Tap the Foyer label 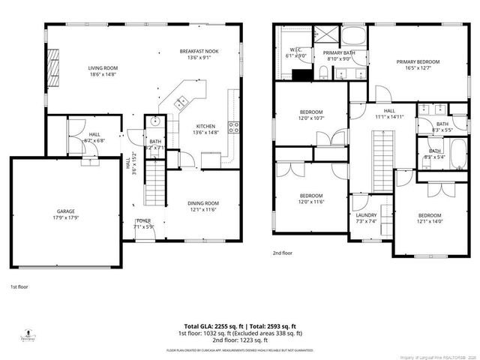click(143, 223)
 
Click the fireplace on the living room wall click(52, 71)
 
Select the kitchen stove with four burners click(233, 127)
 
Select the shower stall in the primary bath click(326, 35)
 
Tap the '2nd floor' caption click(283, 253)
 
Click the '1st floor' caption click(19, 286)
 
